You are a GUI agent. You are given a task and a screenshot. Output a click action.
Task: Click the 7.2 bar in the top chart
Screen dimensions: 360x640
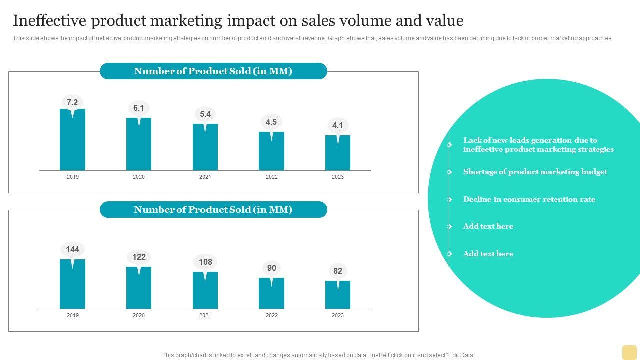click(x=72, y=142)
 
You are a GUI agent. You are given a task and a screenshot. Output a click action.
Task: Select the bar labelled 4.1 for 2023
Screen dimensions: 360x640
click(x=338, y=155)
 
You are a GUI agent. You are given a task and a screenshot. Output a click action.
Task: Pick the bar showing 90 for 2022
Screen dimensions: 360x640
click(x=271, y=295)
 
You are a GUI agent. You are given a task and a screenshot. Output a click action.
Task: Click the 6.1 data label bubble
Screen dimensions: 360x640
click(x=139, y=108)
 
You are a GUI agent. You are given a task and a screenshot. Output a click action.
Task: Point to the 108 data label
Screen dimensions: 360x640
click(x=205, y=262)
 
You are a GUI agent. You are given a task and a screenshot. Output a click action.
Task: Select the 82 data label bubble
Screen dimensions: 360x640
click(x=338, y=271)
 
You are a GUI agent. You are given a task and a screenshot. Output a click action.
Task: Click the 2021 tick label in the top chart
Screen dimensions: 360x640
click(x=205, y=177)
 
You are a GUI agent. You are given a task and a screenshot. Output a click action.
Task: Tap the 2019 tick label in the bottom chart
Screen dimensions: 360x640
click(x=72, y=315)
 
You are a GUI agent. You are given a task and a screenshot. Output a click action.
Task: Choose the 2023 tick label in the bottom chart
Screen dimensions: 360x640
click(x=338, y=315)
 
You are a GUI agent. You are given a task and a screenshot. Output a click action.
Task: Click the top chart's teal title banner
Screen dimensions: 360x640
click(x=213, y=71)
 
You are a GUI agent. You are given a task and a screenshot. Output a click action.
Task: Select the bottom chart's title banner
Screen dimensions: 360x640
click(x=213, y=210)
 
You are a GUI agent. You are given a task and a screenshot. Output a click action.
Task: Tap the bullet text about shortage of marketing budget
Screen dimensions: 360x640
click(x=535, y=172)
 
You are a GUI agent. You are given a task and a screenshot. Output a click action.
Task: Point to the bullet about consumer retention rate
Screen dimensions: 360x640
click(x=529, y=199)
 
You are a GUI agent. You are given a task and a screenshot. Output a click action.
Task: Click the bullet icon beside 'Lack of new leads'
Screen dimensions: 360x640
click(x=450, y=145)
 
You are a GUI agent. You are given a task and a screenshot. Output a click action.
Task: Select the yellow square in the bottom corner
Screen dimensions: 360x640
click(x=629, y=352)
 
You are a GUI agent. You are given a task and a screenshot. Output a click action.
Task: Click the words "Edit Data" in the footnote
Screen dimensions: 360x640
click(x=460, y=355)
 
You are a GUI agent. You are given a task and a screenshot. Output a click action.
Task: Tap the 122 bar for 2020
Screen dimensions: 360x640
click(x=139, y=290)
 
